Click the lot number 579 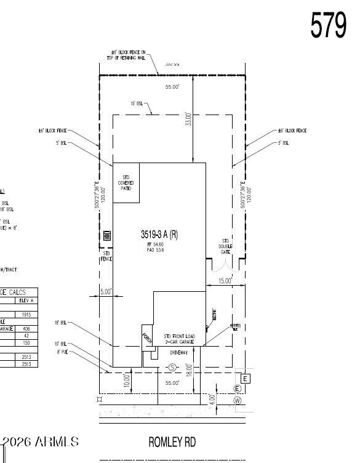328,25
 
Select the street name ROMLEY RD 172,442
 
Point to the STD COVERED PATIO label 126,183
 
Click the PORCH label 146,338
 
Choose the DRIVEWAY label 182,353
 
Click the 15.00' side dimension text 225,281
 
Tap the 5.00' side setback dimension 106,292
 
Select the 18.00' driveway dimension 190,369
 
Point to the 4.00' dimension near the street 212,399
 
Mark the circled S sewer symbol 173,368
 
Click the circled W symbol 238,401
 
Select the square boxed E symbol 245,379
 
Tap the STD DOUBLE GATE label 226,246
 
